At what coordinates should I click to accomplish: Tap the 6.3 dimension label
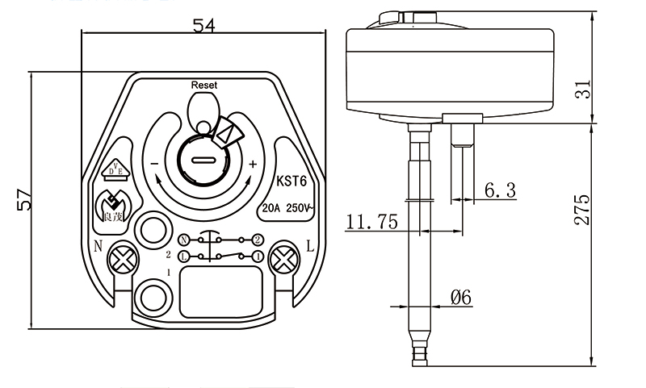pos(500,191)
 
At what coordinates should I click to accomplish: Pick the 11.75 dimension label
pos(371,222)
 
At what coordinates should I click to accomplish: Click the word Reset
pos(204,85)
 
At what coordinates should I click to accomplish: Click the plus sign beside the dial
pos(253,164)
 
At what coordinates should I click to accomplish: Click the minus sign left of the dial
pos(153,164)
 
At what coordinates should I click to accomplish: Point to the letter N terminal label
pos(97,246)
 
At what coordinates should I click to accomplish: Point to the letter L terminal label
pos(309,245)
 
